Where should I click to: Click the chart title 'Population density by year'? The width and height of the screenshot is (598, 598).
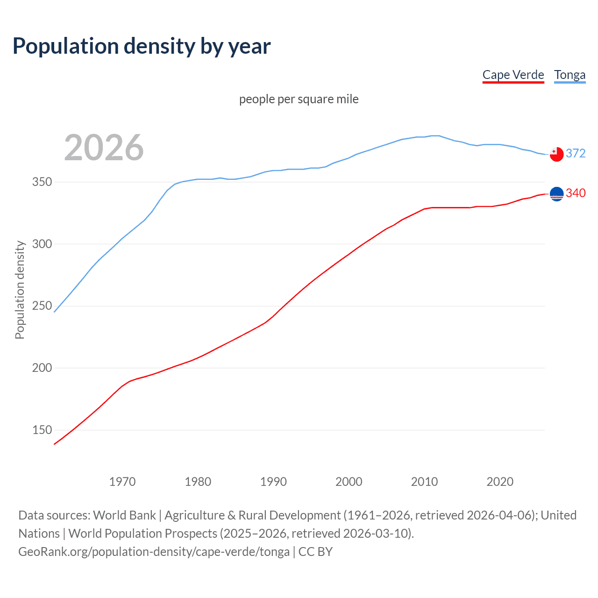pos(142,46)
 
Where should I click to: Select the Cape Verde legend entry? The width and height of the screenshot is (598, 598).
pos(513,75)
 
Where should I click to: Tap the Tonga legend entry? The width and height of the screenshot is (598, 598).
pos(570,75)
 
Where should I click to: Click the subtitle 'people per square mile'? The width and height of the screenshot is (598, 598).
pos(299,99)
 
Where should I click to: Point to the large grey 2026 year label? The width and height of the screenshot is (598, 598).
pos(104,148)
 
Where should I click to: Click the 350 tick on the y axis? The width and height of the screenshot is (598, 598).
pos(42,182)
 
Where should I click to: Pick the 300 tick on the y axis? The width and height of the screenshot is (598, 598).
pos(42,244)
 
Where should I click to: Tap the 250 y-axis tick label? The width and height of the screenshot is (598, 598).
pos(42,306)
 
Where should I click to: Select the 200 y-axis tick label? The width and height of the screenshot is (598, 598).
pos(42,368)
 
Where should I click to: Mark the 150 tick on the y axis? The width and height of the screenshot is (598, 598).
pos(42,430)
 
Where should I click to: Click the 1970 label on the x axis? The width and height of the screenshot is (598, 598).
pos(122,482)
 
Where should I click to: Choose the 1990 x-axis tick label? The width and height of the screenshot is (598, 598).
pos(273,482)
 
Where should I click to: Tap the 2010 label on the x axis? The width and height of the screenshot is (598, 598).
pos(424,482)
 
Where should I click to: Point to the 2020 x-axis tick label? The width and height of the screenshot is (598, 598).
pos(500,482)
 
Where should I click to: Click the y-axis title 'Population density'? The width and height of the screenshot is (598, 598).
pos(20,290)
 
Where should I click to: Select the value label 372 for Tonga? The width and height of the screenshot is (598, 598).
pos(576,153)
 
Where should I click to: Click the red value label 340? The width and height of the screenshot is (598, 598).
pos(576,193)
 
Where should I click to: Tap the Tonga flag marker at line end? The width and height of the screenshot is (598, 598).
pos(556,154)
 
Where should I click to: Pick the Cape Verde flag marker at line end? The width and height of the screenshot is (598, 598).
pos(556,193)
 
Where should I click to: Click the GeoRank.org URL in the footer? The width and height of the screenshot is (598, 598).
pos(154,552)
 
